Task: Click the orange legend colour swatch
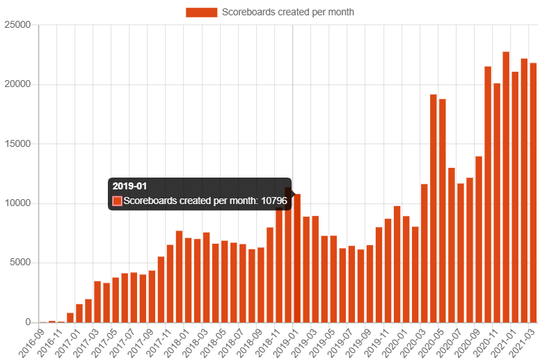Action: (x=201, y=12)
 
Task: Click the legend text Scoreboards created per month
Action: (x=287, y=12)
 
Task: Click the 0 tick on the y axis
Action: (x=28, y=322)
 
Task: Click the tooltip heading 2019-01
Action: (x=129, y=186)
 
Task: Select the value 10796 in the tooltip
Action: (x=274, y=201)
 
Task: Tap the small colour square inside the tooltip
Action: (x=117, y=201)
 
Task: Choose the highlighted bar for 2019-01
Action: (x=297, y=258)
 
